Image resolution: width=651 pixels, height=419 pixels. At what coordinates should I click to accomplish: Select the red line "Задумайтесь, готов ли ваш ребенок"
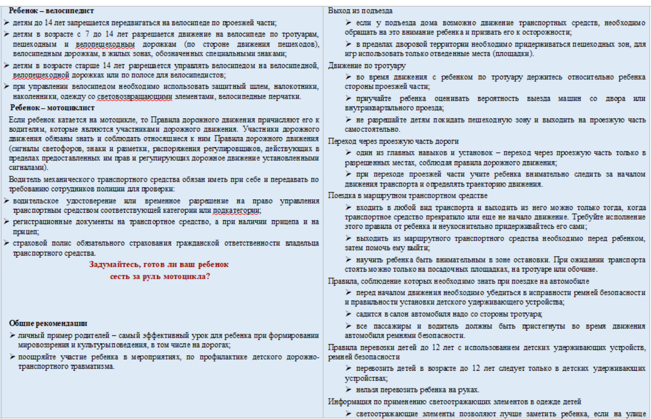[x=159, y=265]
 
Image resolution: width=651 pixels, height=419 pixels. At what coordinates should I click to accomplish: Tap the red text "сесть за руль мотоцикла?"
[x=159, y=276]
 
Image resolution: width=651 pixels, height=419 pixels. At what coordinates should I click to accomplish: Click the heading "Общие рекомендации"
[x=48, y=323]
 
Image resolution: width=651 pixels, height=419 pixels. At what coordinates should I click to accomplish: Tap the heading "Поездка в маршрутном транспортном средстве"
[x=407, y=196]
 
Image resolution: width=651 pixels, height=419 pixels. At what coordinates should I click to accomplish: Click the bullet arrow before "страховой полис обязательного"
[x=6, y=243]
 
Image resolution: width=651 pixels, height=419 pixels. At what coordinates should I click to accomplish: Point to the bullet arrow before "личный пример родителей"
[x=12, y=335]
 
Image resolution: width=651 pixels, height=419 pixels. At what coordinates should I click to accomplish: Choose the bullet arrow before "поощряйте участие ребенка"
[x=12, y=356]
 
